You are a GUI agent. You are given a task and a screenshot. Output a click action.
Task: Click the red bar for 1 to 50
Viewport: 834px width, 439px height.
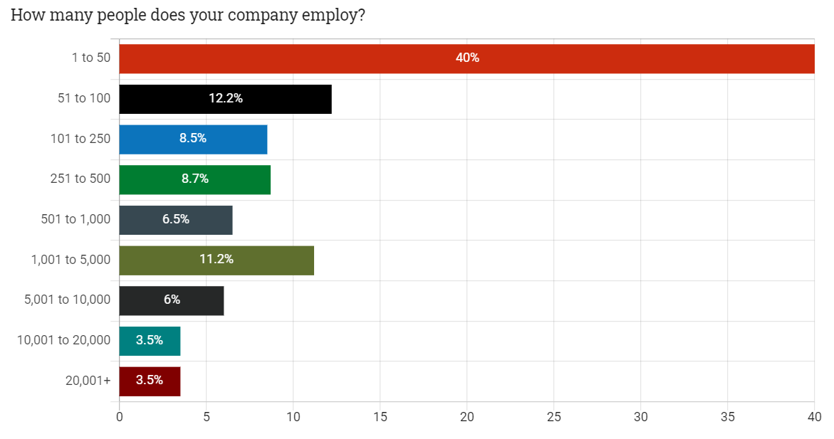tap(320, 58)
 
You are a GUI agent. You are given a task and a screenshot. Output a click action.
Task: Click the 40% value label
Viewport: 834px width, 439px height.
tap(467, 58)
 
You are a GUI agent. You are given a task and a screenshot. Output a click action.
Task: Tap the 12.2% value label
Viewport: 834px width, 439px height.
tap(226, 99)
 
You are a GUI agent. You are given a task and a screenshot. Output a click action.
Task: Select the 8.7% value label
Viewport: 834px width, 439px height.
tap(195, 179)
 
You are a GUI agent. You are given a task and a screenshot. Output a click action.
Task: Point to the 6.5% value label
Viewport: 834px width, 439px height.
tap(176, 220)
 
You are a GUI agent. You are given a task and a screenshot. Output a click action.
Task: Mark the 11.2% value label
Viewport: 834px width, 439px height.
tap(217, 260)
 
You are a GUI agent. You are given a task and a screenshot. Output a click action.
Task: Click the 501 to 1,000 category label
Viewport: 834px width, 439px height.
tap(76, 219)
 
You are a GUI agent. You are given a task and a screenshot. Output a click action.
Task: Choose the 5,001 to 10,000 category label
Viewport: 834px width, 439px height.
tap(68, 300)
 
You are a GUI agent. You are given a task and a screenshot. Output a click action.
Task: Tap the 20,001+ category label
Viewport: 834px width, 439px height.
tap(88, 381)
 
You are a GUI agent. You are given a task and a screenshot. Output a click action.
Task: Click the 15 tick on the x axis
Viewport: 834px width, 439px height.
tap(380, 416)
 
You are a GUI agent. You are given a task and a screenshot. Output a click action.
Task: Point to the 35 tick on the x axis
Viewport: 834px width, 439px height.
tap(728, 416)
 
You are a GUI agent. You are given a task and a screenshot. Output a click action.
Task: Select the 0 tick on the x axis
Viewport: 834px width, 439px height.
tap(119, 416)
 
